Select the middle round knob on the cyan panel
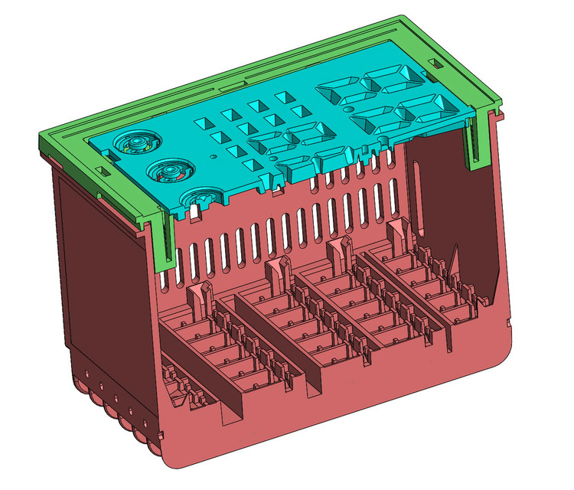(x=165, y=171)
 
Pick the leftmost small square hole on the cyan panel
(x=204, y=122)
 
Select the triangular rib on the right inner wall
(x=453, y=264)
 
